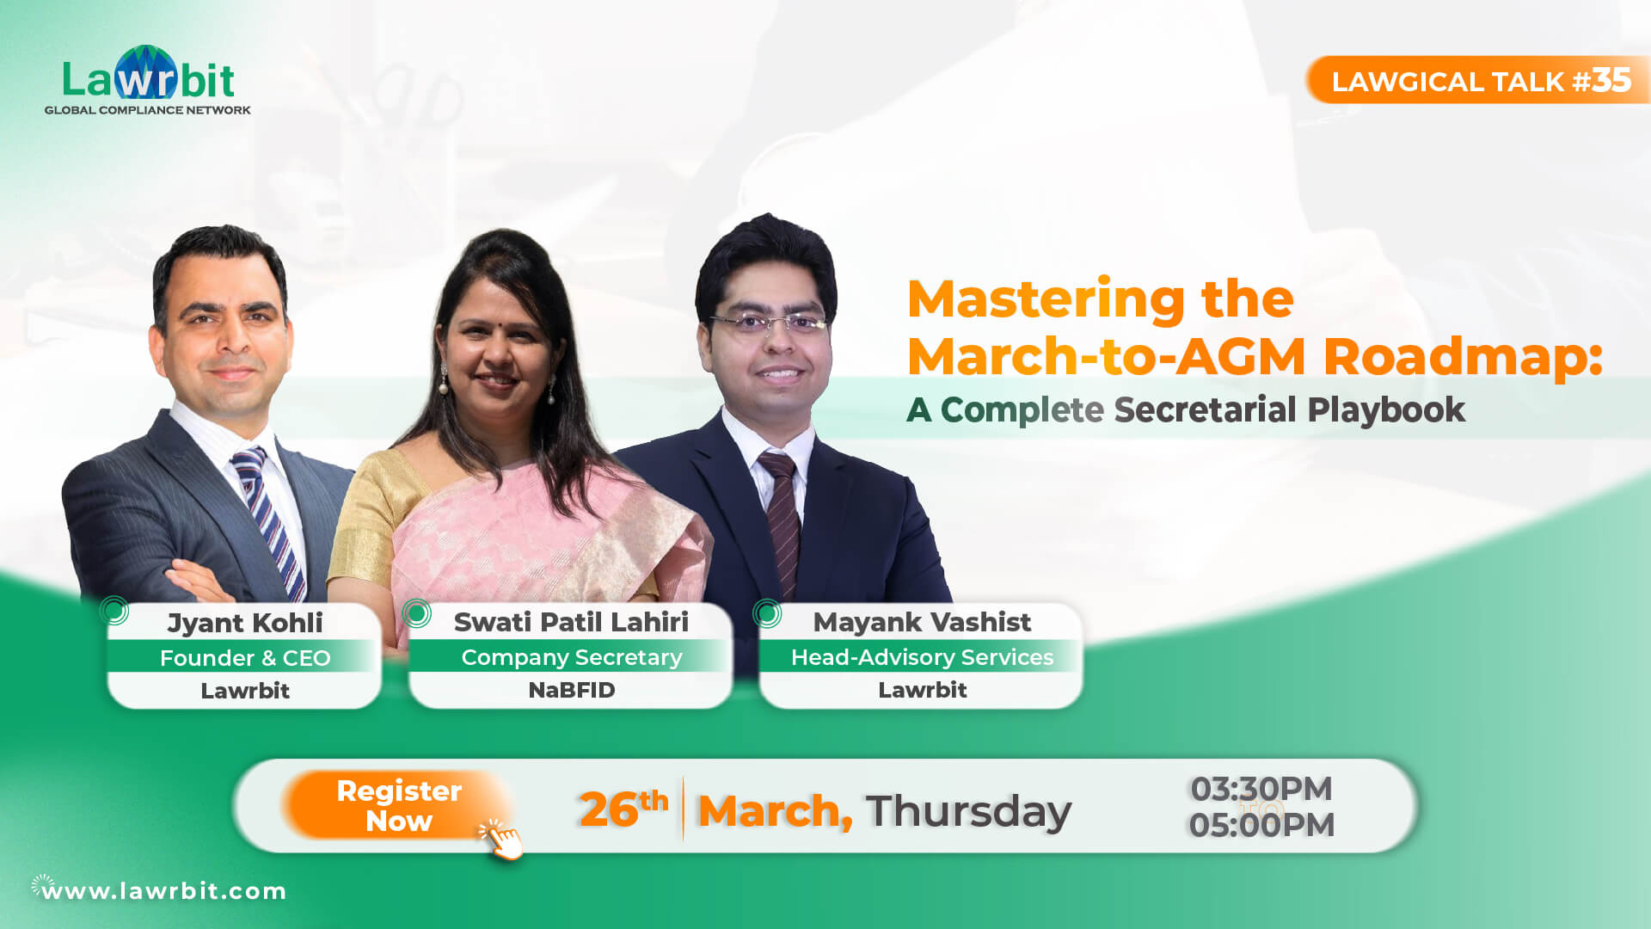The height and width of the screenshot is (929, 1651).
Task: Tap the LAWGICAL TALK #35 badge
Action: [1479, 81]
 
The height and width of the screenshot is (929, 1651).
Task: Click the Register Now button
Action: [399, 805]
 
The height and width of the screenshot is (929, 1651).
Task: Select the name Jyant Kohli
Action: [245, 623]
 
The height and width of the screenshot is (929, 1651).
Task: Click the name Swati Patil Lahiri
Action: [571, 622]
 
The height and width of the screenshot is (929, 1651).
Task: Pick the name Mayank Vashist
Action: [922, 622]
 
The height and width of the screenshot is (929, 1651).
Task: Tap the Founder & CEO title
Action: [245, 658]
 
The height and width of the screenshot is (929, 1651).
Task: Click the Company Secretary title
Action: [571, 657]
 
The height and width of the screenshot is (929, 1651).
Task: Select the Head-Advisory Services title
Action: [922, 657]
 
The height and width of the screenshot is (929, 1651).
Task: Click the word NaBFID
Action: [571, 690]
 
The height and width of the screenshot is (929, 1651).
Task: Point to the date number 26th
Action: [623, 809]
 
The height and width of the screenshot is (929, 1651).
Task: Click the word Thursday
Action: [968, 810]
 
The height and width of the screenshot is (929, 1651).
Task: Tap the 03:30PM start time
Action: [1261, 789]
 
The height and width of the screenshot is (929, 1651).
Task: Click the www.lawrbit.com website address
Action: [163, 891]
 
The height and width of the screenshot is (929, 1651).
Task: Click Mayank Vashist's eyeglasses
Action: [768, 323]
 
